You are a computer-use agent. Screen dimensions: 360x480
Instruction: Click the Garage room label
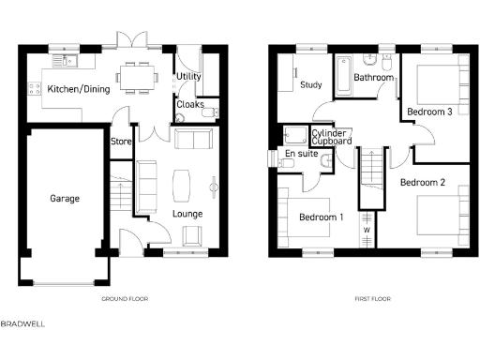point(65,198)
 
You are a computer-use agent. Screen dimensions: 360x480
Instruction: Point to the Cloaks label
point(190,106)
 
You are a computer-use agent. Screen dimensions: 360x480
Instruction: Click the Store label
point(120,142)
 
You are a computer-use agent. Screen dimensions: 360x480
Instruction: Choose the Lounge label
point(187,214)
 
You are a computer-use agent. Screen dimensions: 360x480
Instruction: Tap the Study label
point(310,85)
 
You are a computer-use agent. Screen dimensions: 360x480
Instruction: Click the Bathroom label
point(374,78)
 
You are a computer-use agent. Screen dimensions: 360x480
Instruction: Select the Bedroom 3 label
point(429,112)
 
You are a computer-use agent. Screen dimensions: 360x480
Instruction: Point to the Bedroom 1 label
point(322,217)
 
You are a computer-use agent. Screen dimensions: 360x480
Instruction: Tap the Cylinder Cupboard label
point(332,138)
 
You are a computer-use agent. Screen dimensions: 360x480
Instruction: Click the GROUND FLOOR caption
point(125,299)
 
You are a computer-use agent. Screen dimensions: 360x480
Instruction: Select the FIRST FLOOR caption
point(372,299)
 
